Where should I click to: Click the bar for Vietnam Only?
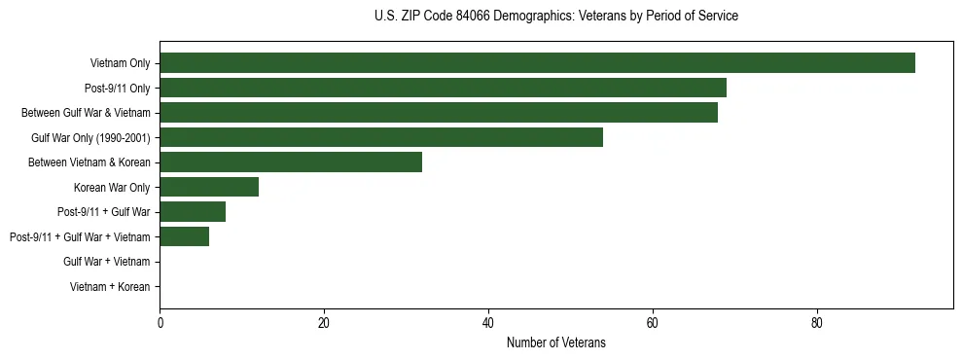point(537,63)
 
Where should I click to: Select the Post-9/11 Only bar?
point(443,88)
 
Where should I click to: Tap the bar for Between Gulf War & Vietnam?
point(439,113)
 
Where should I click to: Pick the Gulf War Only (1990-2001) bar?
point(381,137)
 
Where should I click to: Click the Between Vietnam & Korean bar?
point(291,162)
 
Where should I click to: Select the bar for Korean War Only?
point(209,187)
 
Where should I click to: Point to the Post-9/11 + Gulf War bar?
point(193,212)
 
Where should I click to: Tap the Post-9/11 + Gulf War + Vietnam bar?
point(184,236)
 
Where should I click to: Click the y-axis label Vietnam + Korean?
point(110,287)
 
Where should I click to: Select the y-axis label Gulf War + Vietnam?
point(106,262)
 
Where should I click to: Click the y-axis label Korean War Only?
point(112,187)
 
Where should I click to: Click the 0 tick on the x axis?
point(160,323)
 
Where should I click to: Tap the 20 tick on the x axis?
point(324,323)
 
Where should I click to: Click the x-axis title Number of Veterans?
point(555,342)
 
